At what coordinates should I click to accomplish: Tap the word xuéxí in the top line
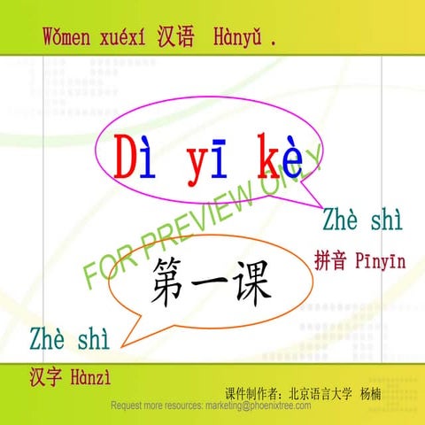click(x=129, y=38)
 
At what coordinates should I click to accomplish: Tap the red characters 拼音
click(x=332, y=261)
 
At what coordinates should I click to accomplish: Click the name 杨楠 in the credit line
click(x=366, y=392)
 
